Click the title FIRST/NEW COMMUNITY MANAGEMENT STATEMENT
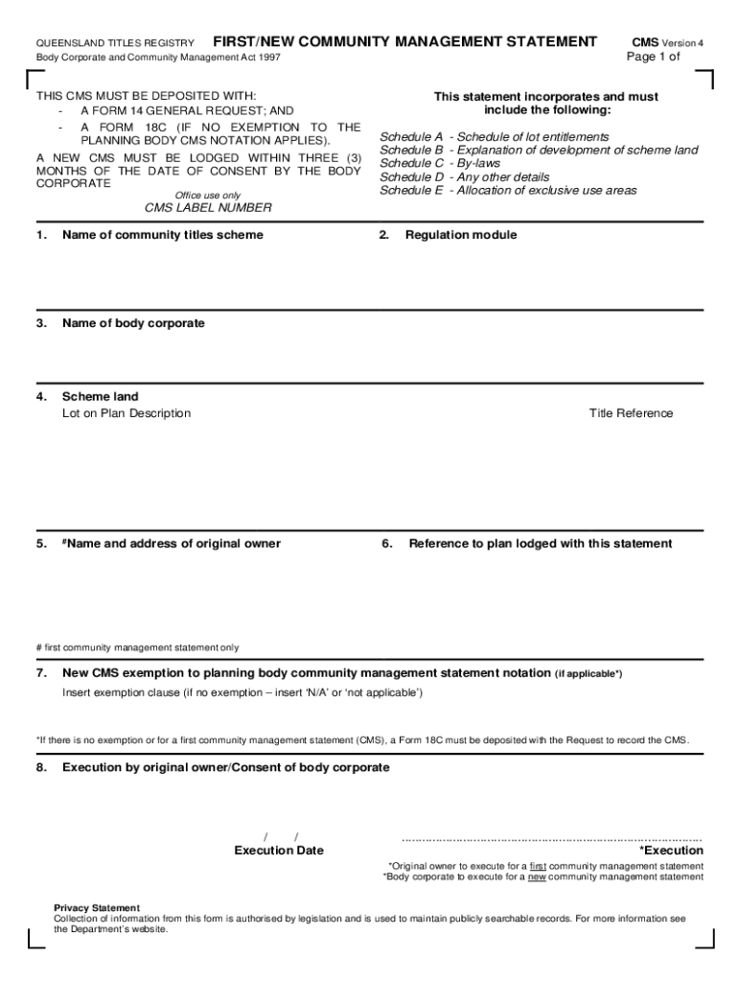[404, 42]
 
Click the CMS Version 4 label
[668, 43]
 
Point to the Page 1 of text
[653, 57]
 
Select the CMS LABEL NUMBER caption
[208, 208]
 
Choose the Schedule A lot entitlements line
[494, 137]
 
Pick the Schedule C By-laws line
[440, 164]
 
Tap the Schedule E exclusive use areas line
[508, 191]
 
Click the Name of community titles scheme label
[162, 235]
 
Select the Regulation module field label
[460, 235]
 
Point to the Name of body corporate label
[133, 323]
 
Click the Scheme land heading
[100, 396]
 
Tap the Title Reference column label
[631, 413]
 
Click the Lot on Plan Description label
[127, 413]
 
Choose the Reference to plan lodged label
[540, 544]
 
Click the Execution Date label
[279, 851]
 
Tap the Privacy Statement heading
[97, 907]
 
